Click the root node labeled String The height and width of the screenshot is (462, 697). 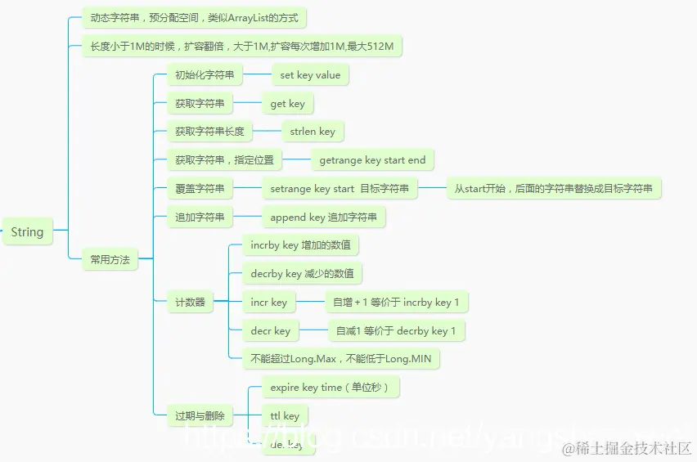(x=27, y=232)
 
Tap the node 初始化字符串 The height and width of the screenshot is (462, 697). (x=205, y=75)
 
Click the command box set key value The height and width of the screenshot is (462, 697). (x=310, y=75)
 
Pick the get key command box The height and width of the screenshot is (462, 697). (x=287, y=104)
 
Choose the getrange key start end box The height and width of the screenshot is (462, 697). (x=372, y=160)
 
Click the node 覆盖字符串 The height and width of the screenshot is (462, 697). (x=200, y=189)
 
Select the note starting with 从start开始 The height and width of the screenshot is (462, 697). (x=554, y=189)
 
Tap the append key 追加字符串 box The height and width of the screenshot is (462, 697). (x=323, y=218)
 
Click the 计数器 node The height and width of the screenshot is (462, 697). (x=190, y=303)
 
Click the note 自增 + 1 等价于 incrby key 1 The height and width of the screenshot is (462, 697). (x=396, y=303)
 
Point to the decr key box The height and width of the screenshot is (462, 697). (x=270, y=331)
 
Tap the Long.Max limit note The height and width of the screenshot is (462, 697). (x=347, y=358)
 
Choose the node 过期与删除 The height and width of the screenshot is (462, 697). (x=200, y=416)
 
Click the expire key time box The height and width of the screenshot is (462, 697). (x=331, y=388)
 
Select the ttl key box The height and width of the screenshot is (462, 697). (x=285, y=416)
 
